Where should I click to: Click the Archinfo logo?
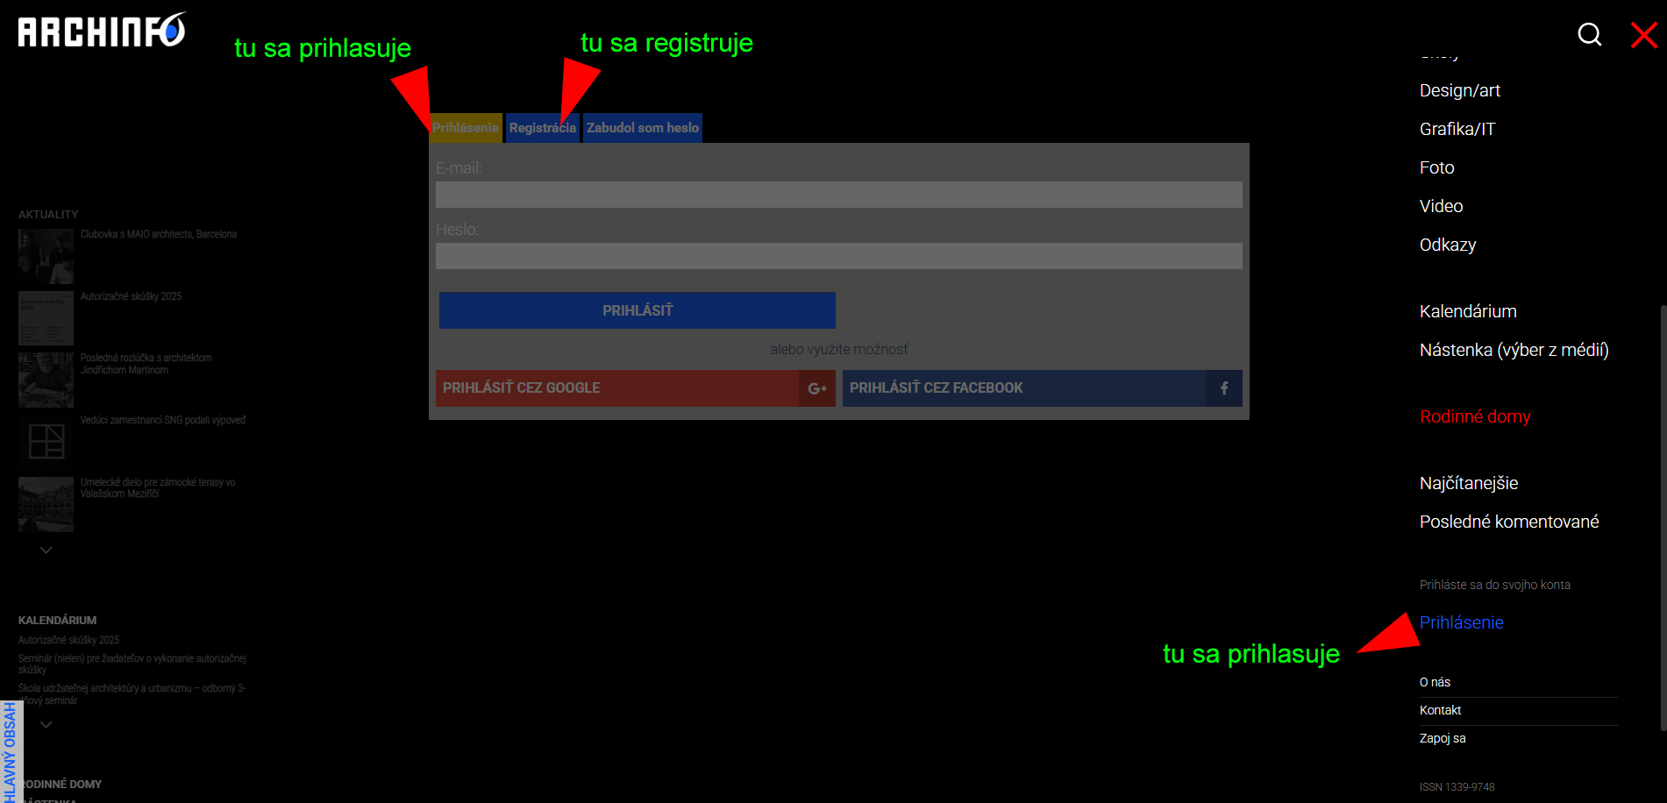click(x=102, y=31)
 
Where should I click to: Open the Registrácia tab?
click(x=542, y=128)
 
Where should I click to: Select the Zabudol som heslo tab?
click(x=642, y=128)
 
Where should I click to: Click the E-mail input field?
click(x=838, y=195)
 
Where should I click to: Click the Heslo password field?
click(x=838, y=256)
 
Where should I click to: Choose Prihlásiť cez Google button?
click(x=635, y=388)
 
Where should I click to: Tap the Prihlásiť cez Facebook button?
click(x=1042, y=388)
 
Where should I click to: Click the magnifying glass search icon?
click(x=1589, y=34)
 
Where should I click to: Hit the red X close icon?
click(x=1643, y=35)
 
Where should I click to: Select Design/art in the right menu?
click(x=1459, y=90)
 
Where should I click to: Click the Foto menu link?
click(x=1436, y=167)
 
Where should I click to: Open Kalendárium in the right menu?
click(x=1467, y=311)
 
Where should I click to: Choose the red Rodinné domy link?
click(x=1475, y=416)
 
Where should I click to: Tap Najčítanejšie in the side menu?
click(x=1468, y=483)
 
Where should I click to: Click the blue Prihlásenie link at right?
click(x=1461, y=622)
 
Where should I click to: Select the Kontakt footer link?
click(x=1440, y=710)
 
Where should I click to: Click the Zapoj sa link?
click(x=1443, y=738)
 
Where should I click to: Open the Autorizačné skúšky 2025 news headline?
click(x=131, y=296)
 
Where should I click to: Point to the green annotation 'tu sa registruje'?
click(x=666, y=43)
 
